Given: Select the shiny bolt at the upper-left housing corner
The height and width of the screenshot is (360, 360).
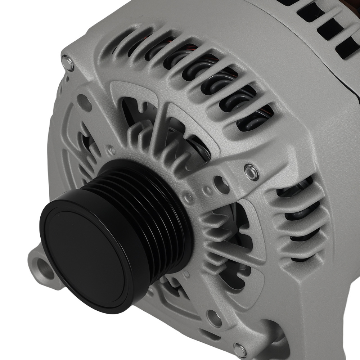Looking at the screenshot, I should pyautogui.click(x=68, y=63).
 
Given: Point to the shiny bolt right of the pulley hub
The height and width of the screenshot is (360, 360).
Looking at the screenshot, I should pyautogui.click(x=252, y=172).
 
